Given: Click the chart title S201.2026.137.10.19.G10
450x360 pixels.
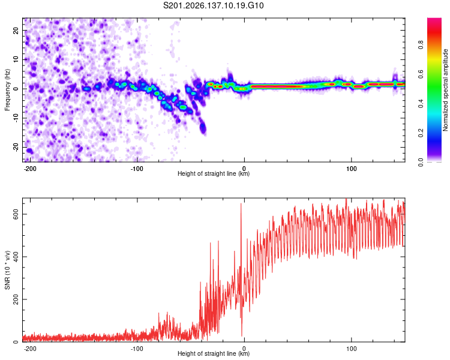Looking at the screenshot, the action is pyautogui.click(x=213, y=5).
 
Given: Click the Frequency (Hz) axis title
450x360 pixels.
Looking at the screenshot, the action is pyautogui.click(x=7, y=90).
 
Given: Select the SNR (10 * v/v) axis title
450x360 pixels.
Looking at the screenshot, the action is pyautogui.click(x=7, y=270).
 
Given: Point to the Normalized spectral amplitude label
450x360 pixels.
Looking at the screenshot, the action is pyautogui.click(x=445, y=90).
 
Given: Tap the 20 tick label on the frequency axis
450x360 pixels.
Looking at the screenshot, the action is pyautogui.click(x=16, y=30).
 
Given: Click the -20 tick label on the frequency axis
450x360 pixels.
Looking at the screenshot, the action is pyautogui.click(x=16, y=148).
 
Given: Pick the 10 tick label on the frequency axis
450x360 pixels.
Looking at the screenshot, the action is pyautogui.click(x=16, y=59).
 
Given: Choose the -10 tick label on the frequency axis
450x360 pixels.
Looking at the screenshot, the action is pyautogui.click(x=16, y=118).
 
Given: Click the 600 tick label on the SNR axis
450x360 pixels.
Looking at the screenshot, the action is pyautogui.click(x=16, y=214).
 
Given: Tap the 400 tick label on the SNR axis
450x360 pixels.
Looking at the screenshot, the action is pyautogui.click(x=16, y=257).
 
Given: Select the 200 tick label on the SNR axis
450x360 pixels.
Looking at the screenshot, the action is pyautogui.click(x=16, y=299).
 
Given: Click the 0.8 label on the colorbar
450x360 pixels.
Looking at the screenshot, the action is pyautogui.click(x=421, y=45).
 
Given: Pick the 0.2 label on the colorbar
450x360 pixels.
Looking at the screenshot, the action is pyautogui.click(x=421, y=133).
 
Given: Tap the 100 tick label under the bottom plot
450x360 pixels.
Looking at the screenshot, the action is pyautogui.click(x=351, y=349).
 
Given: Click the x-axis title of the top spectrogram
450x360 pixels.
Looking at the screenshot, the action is pyautogui.click(x=214, y=173).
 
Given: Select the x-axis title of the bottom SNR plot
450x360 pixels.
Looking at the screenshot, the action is pyautogui.click(x=214, y=353).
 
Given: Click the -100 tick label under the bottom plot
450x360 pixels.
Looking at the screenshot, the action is pyautogui.click(x=136, y=349).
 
